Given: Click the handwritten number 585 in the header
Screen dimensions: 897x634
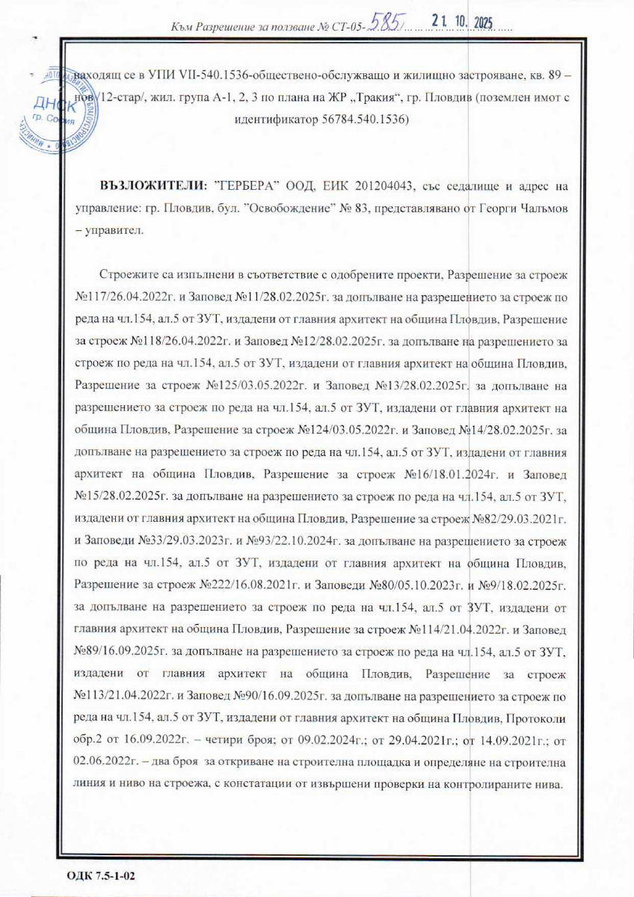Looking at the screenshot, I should point(387,25).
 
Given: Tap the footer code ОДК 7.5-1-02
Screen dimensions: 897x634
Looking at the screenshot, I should point(100,873).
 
